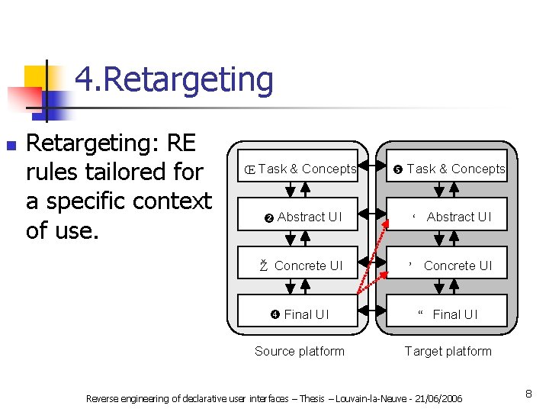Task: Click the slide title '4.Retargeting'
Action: [x=174, y=79]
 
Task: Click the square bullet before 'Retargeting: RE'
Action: [x=10, y=144]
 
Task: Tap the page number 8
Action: [x=528, y=394]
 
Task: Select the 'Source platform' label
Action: [x=299, y=351]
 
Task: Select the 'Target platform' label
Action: [x=448, y=351]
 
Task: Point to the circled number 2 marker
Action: [x=268, y=217]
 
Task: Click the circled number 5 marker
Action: [x=398, y=169]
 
